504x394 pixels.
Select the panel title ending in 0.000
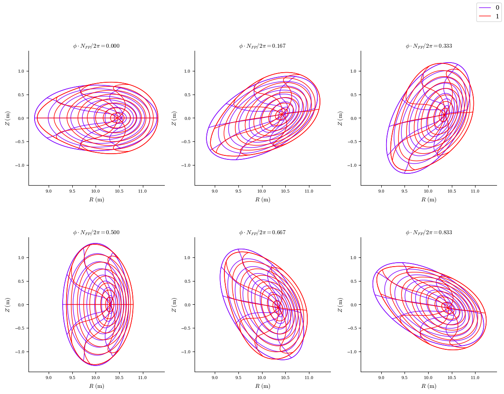coord(96,46)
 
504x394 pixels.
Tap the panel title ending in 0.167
coord(262,46)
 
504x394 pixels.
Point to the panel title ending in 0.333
coord(429,46)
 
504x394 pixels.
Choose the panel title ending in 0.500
coord(96,232)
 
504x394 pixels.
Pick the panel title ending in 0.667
coord(262,232)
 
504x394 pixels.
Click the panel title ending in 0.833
coord(429,232)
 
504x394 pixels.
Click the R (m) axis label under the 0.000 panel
coord(96,200)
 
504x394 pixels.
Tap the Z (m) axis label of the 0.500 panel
coord(7,305)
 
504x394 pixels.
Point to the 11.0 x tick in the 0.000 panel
coord(142,191)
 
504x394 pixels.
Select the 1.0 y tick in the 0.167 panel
coord(186,71)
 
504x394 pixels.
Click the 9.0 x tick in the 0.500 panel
coord(49,378)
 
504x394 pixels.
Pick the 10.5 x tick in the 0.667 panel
coord(285,378)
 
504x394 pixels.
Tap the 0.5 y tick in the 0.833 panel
coord(353,281)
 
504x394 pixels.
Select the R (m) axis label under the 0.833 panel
coord(429,386)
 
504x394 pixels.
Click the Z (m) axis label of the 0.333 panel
coord(340,118)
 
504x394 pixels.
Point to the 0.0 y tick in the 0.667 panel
coord(187,305)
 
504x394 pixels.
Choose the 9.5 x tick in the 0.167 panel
coord(238,191)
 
